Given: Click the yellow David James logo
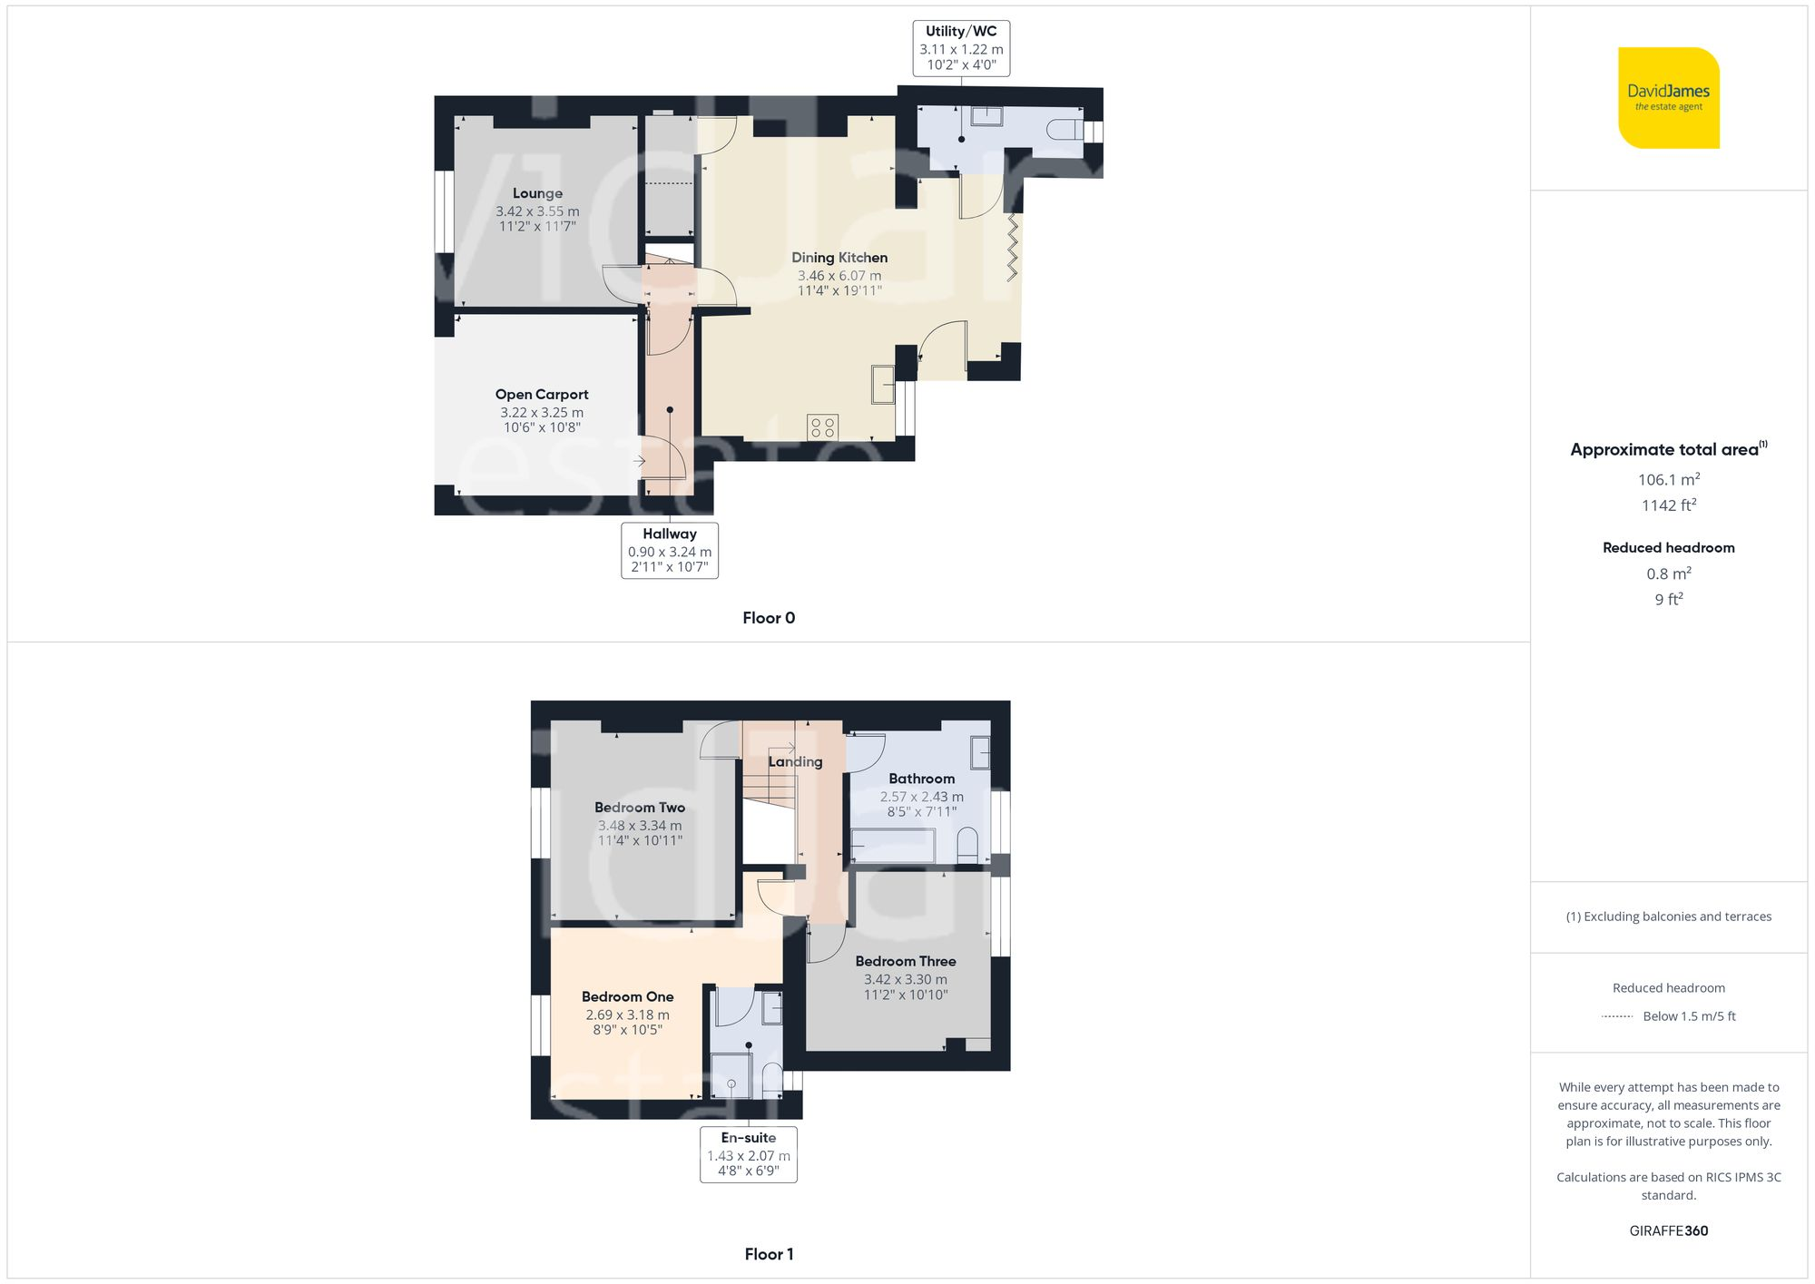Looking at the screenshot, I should pyautogui.click(x=1668, y=98).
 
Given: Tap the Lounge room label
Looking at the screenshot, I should pyautogui.click(x=537, y=193).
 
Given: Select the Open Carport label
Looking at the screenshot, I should pyautogui.click(x=542, y=395).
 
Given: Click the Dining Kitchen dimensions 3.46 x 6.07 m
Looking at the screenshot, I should pyautogui.click(x=839, y=276).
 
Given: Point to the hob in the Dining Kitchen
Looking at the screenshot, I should pyautogui.click(x=823, y=427).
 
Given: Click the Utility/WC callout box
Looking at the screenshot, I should pyautogui.click(x=961, y=48).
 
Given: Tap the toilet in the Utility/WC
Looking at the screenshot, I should pyautogui.click(x=1064, y=131).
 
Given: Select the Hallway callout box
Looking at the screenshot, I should pyautogui.click(x=670, y=550).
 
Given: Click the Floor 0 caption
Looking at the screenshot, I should pyautogui.click(x=769, y=618).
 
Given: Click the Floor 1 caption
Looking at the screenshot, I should pyautogui.click(x=769, y=1254).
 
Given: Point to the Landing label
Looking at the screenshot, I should pyautogui.click(x=795, y=762).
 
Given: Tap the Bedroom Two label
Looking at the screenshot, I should pyautogui.click(x=640, y=808).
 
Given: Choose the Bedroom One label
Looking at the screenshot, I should pyautogui.click(x=627, y=996).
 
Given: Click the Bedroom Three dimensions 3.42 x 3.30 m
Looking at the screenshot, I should pyautogui.click(x=906, y=980).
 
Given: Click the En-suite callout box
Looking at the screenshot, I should pyautogui.click(x=748, y=1154).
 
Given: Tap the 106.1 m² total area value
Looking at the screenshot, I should pyautogui.click(x=1668, y=479).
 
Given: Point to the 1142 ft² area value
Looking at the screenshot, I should pyautogui.click(x=1668, y=505).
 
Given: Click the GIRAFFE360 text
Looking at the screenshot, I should pyautogui.click(x=1668, y=1231).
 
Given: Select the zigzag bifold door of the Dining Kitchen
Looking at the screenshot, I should pyautogui.click(x=1012, y=247).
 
